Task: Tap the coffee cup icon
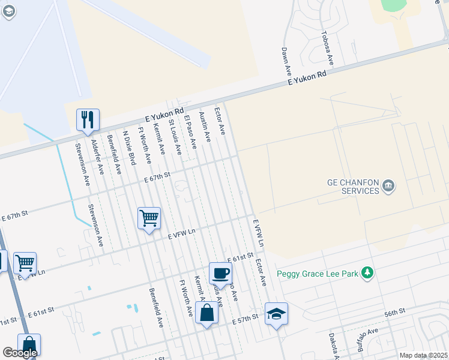[x=220, y=273]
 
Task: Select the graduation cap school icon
[x=276, y=314]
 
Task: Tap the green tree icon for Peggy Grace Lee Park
[x=367, y=274]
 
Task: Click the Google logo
[x=20, y=353]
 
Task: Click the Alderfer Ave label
[x=97, y=157]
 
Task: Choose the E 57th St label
[x=245, y=322]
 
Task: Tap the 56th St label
[x=396, y=313]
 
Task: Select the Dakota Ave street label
[x=333, y=346]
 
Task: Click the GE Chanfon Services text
[x=352, y=187]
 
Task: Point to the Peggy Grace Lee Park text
[x=317, y=274]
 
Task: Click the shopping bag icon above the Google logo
[x=29, y=346]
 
